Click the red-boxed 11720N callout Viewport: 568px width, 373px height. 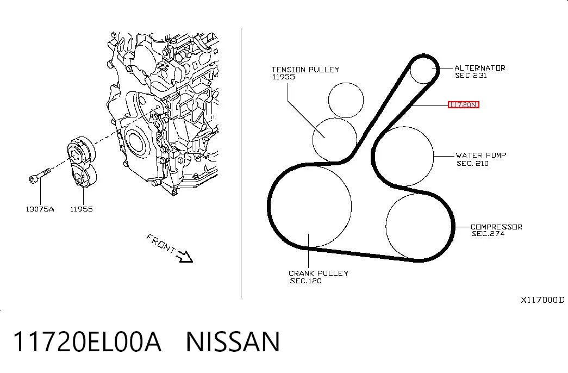(463, 105)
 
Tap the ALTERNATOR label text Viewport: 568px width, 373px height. (479, 68)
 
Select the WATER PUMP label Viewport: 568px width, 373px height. (480, 155)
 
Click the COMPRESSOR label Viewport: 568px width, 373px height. (496, 227)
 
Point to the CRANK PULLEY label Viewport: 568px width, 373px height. (319, 273)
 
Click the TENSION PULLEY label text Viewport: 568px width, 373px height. (305, 69)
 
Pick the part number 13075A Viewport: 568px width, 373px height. (40, 209)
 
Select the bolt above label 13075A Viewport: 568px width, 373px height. (39, 175)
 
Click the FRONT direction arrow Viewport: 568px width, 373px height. (184, 256)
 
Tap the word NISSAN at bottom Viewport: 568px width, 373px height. (233, 341)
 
